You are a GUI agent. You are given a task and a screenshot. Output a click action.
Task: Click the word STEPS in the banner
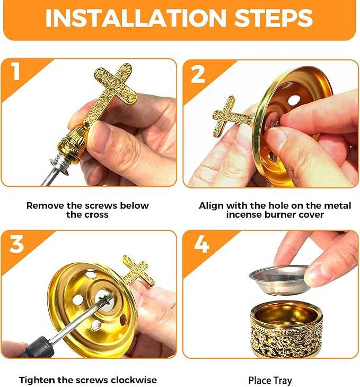(274, 18)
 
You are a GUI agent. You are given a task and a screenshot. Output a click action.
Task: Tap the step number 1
(16, 71)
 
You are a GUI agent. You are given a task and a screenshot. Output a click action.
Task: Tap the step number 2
(198, 74)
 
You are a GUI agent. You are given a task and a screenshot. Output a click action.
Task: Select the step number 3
(16, 244)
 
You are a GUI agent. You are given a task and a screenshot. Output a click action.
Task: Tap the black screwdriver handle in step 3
(34, 348)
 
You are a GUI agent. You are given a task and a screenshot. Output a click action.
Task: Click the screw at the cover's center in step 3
(106, 300)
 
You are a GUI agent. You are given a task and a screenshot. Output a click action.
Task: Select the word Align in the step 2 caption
(211, 205)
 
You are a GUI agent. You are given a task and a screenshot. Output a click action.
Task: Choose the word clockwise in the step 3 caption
(134, 380)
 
